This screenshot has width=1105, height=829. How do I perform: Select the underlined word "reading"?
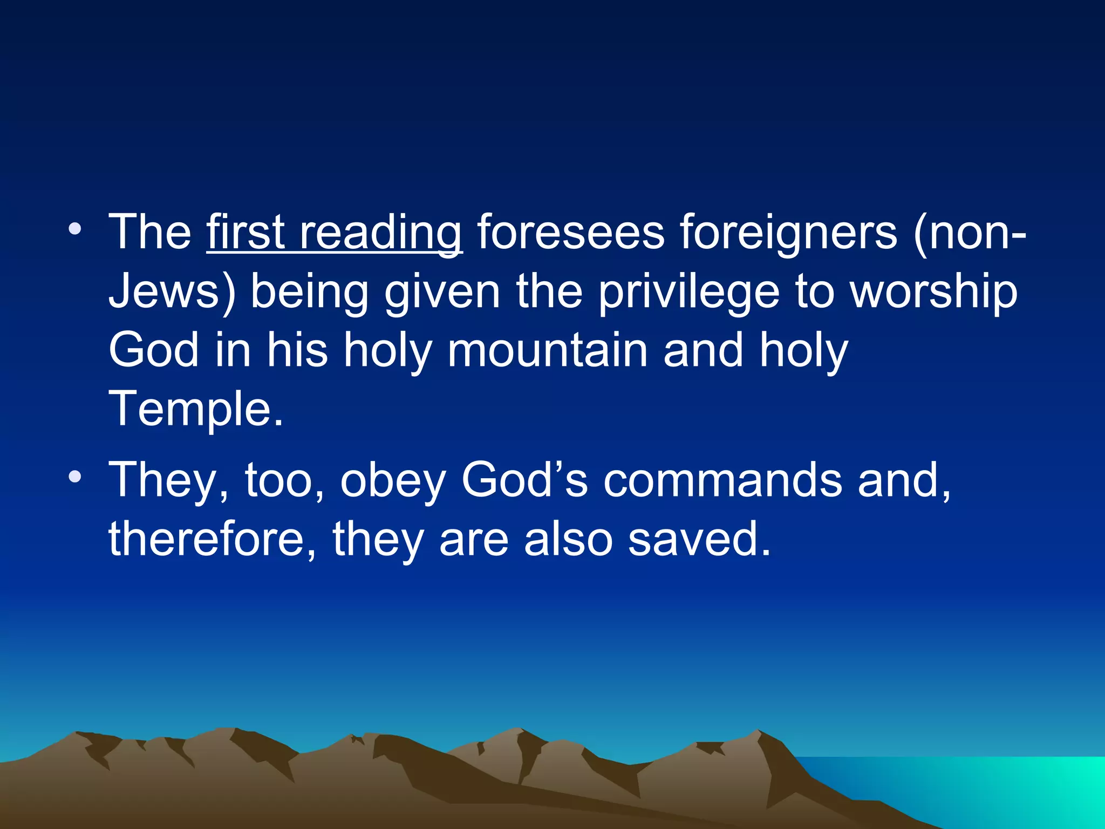click(x=380, y=233)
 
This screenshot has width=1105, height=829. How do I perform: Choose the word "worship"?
click(x=934, y=293)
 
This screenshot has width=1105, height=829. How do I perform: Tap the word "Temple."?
click(x=196, y=409)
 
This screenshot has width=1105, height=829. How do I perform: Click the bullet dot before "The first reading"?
click(x=75, y=229)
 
